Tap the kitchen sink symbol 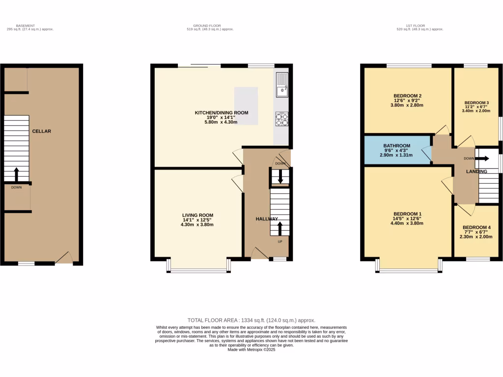[282, 85]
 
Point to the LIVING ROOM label [197, 215]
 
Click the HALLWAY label [267, 219]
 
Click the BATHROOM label [397, 146]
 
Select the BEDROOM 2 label [408, 96]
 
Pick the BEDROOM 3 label [476, 103]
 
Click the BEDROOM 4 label [476, 227]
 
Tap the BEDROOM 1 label [408, 214]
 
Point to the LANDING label [476, 171]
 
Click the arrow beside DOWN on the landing [482, 159]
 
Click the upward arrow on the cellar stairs [16, 174]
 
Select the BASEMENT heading [26, 26]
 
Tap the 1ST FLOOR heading [416, 26]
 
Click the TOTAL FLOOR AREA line [251, 320]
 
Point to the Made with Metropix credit [251, 350]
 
